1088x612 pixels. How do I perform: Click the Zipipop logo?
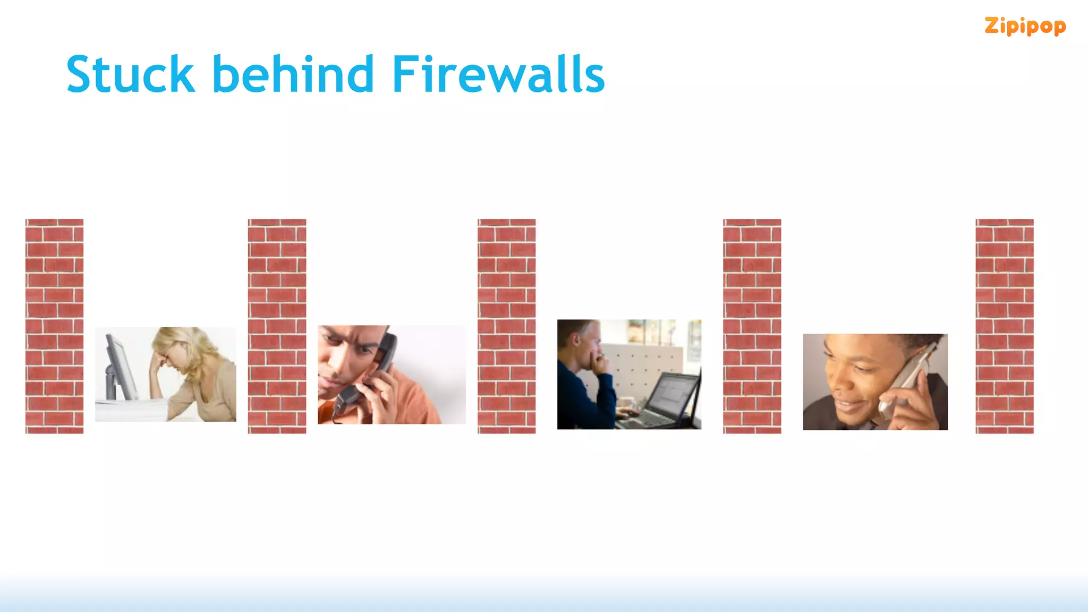tap(1025, 26)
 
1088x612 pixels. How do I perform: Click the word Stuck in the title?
tap(130, 74)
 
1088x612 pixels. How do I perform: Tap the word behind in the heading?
tap(293, 74)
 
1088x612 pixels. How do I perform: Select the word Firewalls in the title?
tap(498, 74)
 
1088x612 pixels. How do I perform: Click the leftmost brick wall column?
tap(54, 326)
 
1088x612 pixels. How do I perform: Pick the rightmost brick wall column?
tap(1004, 326)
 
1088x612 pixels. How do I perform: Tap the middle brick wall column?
tap(506, 326)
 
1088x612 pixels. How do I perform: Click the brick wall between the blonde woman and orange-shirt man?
tap(277, 326)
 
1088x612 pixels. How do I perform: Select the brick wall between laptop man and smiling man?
tap(752, 326)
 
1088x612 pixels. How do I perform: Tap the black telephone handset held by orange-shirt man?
tap(372, 372)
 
